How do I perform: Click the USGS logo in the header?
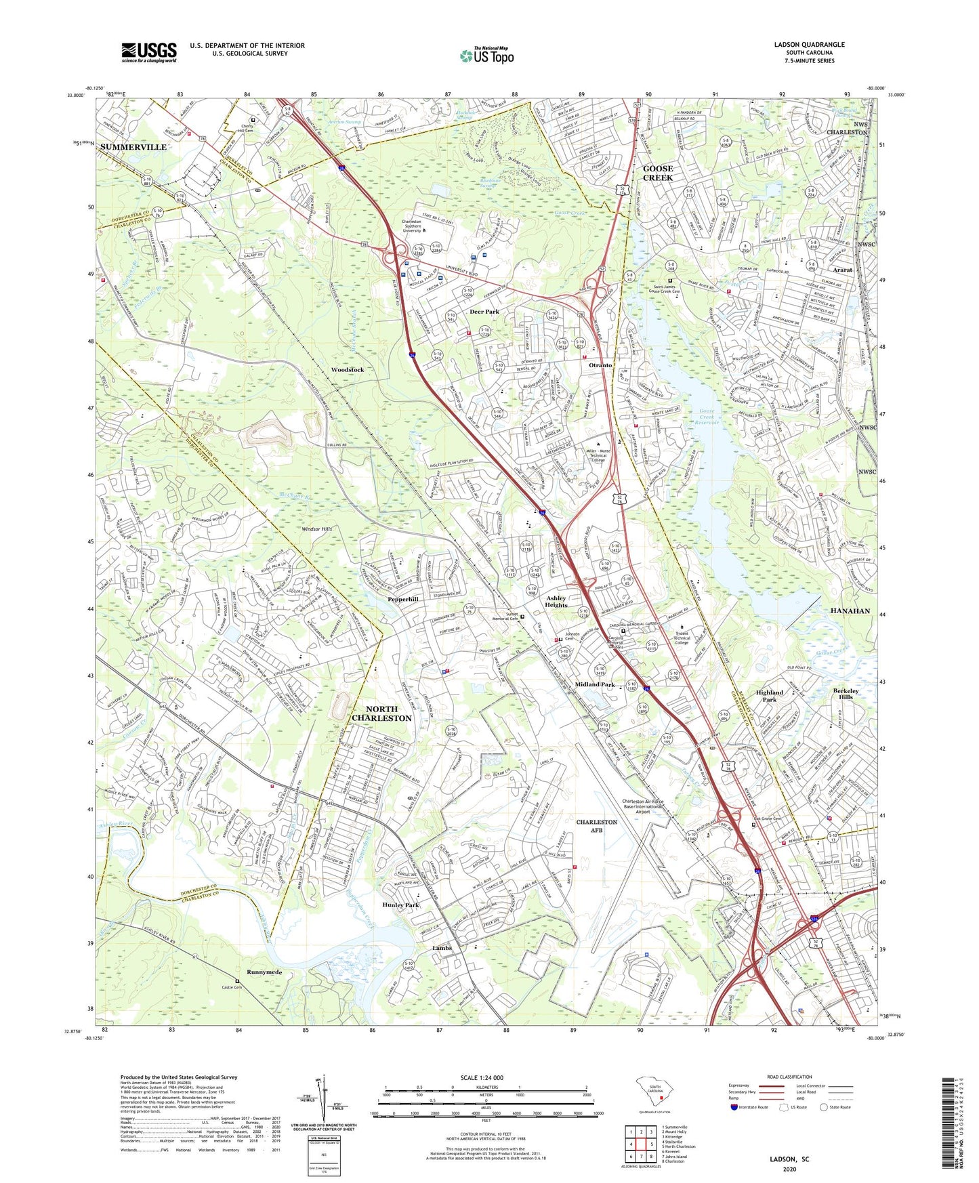point(149,52)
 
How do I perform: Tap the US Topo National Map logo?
point(486,55)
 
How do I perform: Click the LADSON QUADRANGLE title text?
point(809,45)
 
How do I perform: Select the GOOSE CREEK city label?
point(657,173)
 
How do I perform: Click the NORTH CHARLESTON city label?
point(381,713)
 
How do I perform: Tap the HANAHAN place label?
point(850,610)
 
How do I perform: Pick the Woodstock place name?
point(348,370)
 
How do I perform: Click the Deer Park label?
point(484,312)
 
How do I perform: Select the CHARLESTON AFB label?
point(596,826)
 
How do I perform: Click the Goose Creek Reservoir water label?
point(707,417)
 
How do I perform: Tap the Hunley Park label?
point(400,905)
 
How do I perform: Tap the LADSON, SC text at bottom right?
point(789,1159)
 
